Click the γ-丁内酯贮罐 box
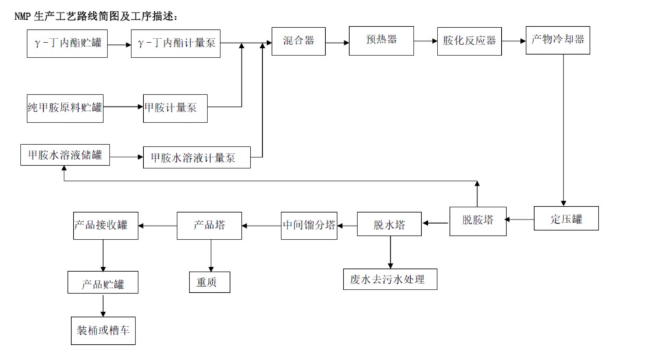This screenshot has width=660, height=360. click(x=67, y=43)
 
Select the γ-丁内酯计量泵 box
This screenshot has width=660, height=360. click(x=175, y=43)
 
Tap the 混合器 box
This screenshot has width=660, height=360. click(x=298, y=42)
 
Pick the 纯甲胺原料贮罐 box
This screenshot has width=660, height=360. click(x=64, y=107)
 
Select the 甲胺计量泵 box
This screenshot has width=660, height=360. click(x=175, y=107)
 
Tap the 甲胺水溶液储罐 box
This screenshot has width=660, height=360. click(x=64, y=155)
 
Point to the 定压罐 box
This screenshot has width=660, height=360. click(x=566, y=219)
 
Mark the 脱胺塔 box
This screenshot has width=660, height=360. click(x=477, y=220)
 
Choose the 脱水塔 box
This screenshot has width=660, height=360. click(x=389, y=224)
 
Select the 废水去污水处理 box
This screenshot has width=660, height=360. click(x=389, y=279)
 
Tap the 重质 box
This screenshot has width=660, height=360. click(x=210, y=282)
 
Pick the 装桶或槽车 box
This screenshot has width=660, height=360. click(x=103, y=329)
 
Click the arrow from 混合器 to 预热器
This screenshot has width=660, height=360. click(x=336, y=42)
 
